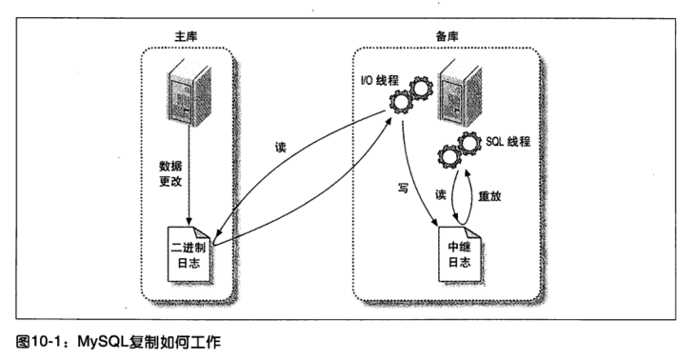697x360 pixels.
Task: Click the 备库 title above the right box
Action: click(447, 35)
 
